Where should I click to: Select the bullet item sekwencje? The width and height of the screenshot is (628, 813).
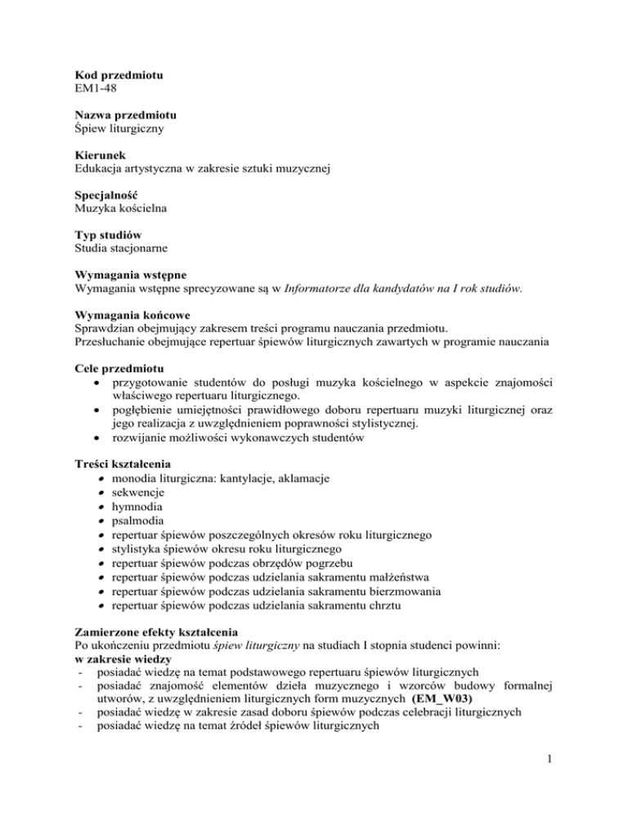pyautogui.click(x=139, y=491)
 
